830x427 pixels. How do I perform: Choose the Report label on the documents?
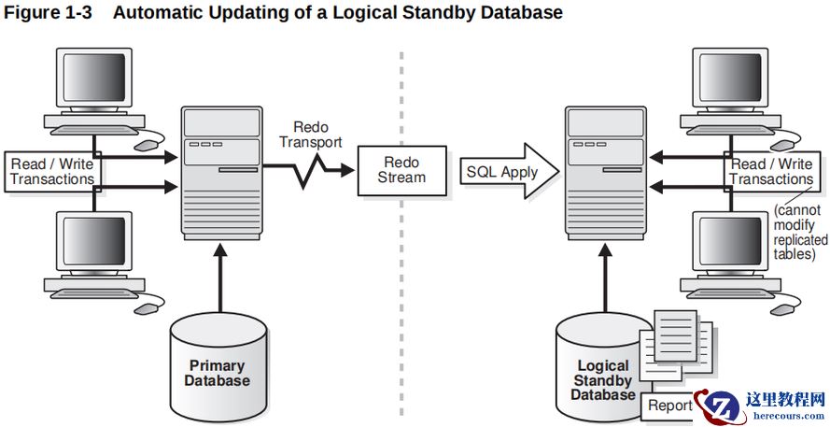pos(669,405)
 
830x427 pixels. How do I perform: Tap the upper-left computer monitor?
pos(94,83)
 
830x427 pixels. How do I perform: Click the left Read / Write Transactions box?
pos(52,171)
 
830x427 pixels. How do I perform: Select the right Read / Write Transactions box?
pos(771,171)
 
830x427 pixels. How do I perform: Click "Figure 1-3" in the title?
pos(49,13)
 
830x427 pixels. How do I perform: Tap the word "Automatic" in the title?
pos(162,13)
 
